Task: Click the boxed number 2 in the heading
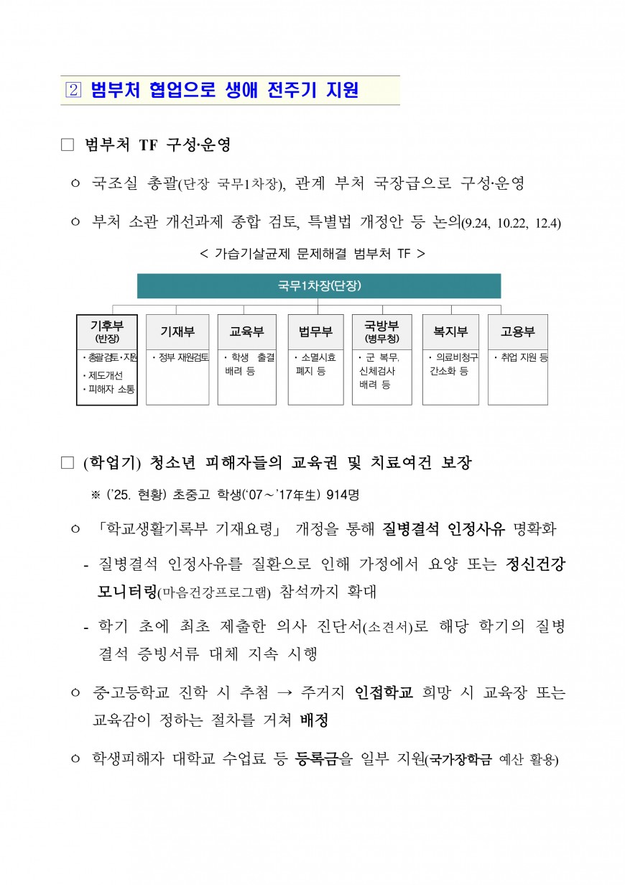click(74, 91)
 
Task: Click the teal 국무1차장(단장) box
click(319, 286)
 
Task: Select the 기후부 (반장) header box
click(107, 331)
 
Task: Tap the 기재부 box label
click(177, 331)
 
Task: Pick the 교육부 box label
click(246, 331)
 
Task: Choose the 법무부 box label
click(315, 331)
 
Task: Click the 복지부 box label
click(450, 331)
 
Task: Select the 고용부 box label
click(517, 331)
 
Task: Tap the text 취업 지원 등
click(522, 357)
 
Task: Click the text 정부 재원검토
click(180, 357)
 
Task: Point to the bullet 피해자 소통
click(110, 389)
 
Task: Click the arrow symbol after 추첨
click(284, 693)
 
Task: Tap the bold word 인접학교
click(384, 693)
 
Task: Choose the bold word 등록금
click(316, 758)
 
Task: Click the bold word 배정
click(314, 720)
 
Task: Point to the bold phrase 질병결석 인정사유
click(443, 530)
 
